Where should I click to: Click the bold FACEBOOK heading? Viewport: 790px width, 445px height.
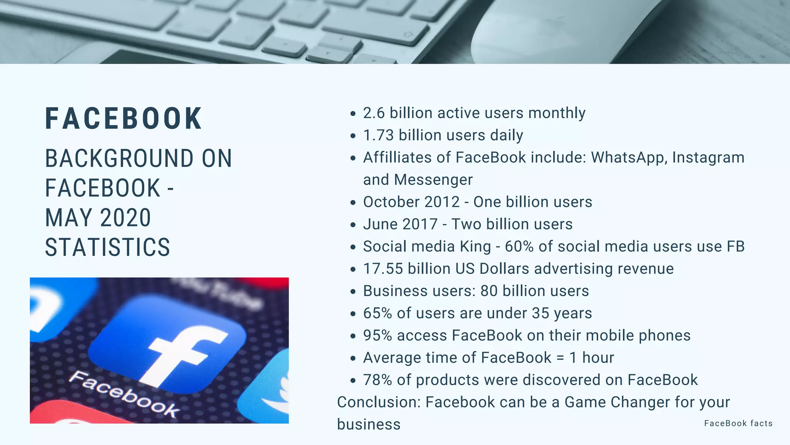point(123,119)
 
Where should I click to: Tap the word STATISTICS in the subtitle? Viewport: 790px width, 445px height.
point(108,247)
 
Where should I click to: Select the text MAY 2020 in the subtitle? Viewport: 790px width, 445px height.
point(98,218)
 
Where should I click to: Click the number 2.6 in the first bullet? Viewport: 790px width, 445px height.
point(374,113)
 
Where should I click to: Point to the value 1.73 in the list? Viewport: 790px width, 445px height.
point(378,136)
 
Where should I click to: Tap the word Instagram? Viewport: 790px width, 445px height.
point(708,158)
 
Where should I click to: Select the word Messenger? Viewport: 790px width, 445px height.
point(433,180)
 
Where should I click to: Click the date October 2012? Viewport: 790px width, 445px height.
point(411,202)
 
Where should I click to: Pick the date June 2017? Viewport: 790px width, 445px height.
point(400,224)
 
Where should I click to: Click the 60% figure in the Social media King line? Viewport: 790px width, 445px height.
point(519,246)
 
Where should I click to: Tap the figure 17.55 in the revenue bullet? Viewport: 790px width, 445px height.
point(383,269)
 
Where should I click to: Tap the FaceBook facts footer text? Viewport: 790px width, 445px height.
point(738,423)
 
